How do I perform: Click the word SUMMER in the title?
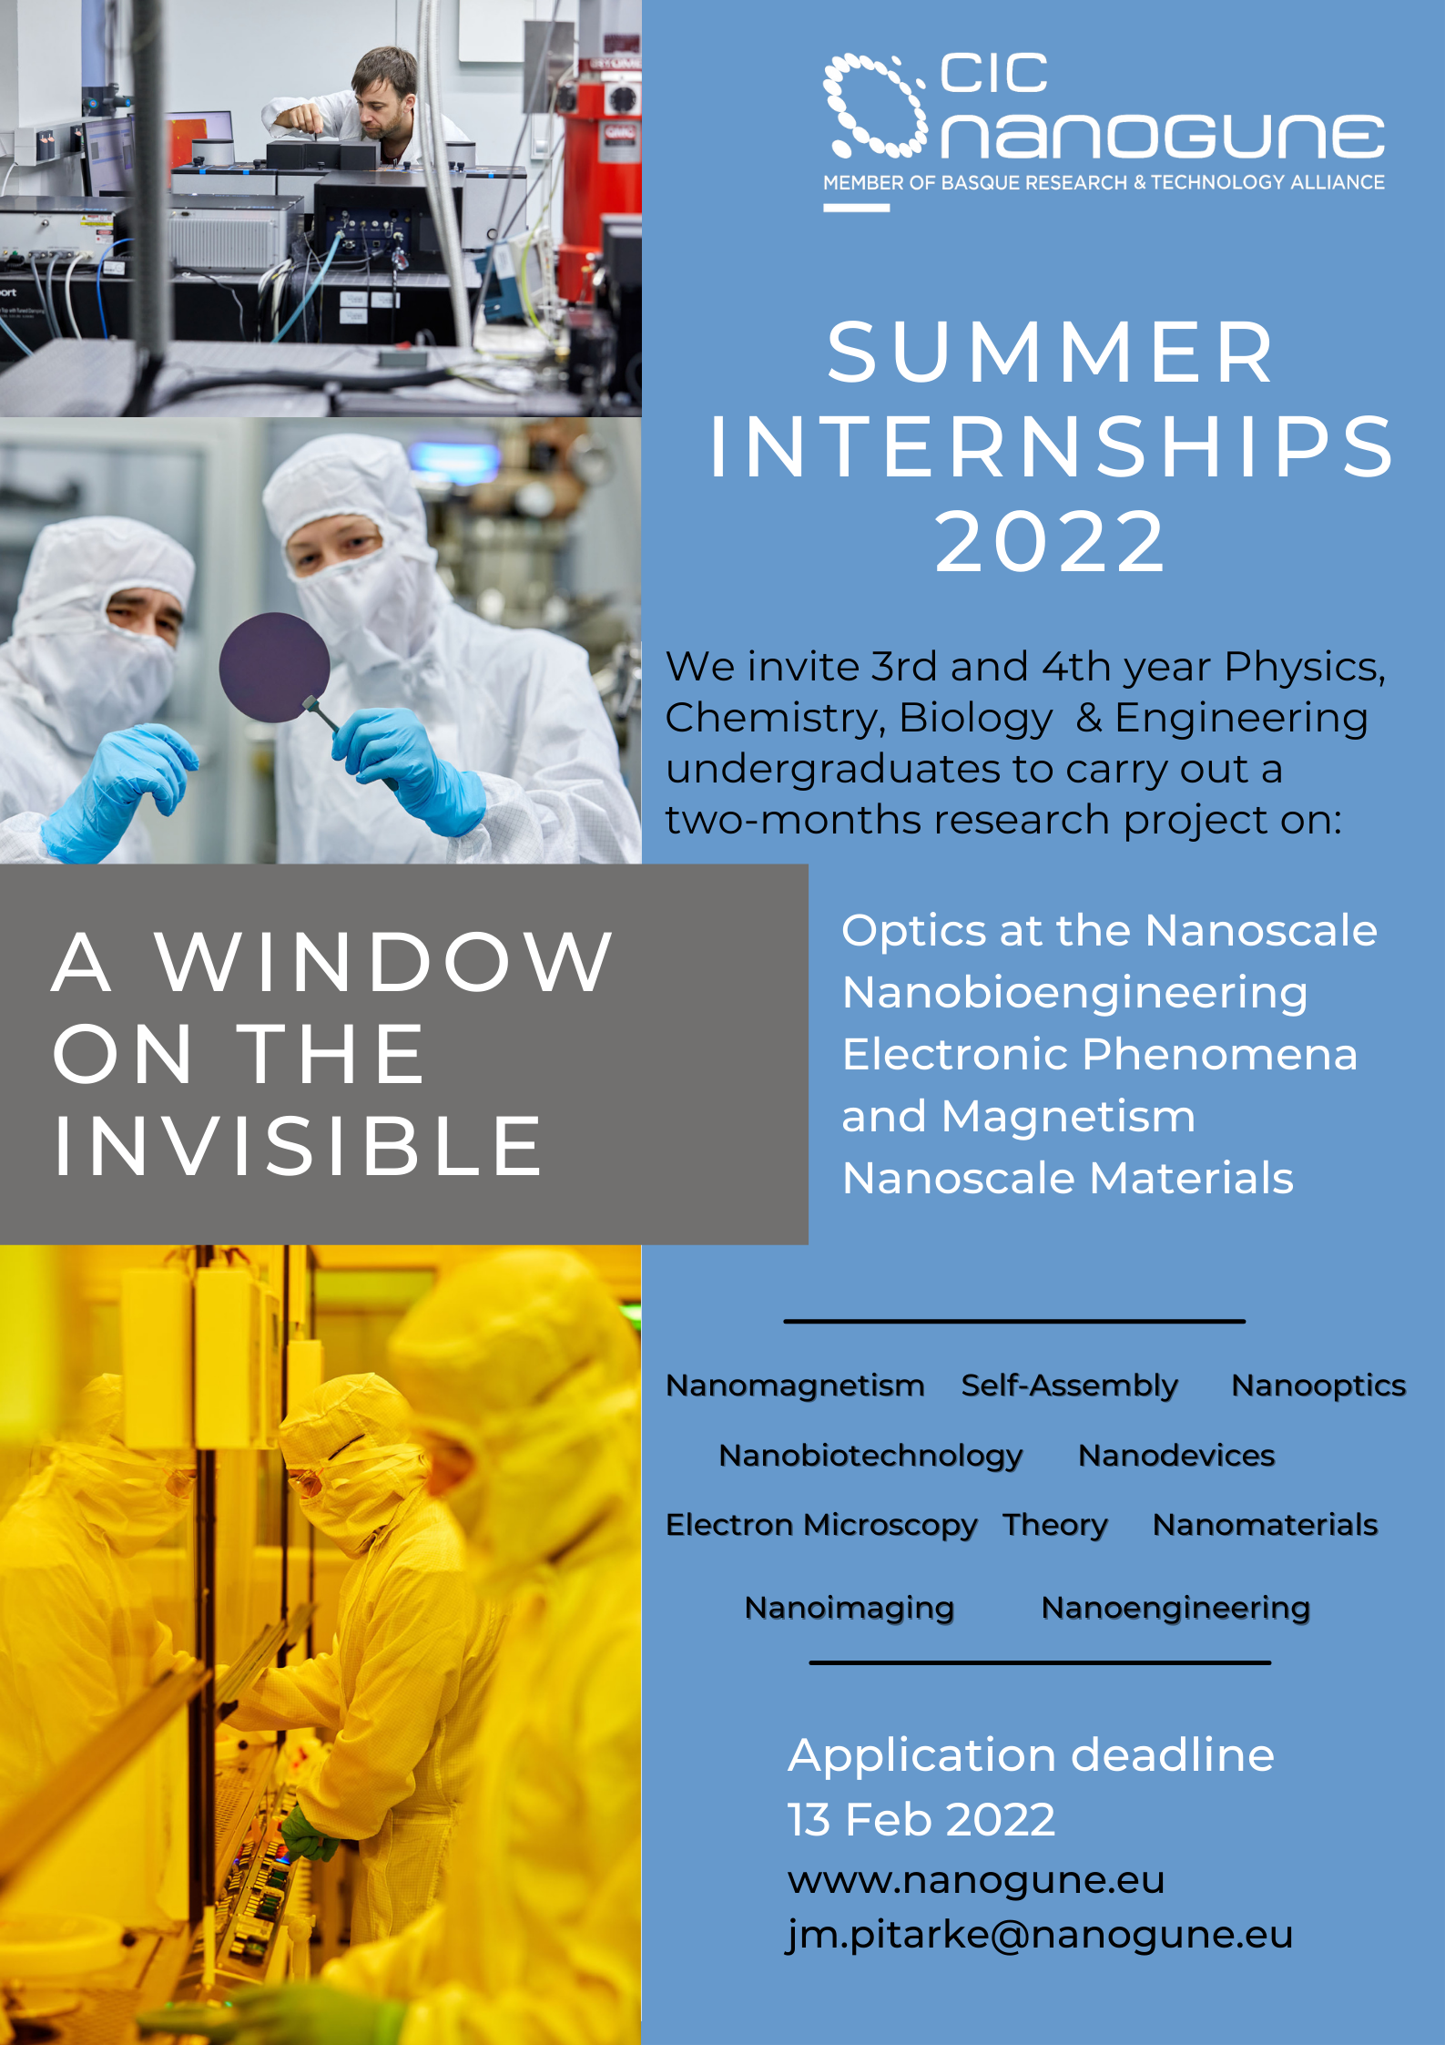pos(1052,353)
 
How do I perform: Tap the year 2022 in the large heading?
pos(1051,543)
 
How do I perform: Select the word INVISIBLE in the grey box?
pos(298,1146)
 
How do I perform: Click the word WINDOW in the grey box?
pos(384,962)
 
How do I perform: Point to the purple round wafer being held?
pos(274,667)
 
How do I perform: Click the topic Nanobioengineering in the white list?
pos(1074,993)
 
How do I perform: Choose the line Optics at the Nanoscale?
pos(1109,931)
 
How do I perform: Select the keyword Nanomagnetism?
pos(795,1385)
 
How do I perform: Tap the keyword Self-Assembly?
pos(1070,1385)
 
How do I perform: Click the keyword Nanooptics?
pos(1318,1385)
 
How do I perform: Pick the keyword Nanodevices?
pos(1176,1456)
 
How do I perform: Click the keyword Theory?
pos(1055,1525)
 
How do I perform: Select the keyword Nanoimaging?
pos(850,1609)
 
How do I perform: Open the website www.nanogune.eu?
pos(976,1880)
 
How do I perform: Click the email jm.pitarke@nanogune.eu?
pos(1040,1935)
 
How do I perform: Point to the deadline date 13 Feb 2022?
pos(921,1820)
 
